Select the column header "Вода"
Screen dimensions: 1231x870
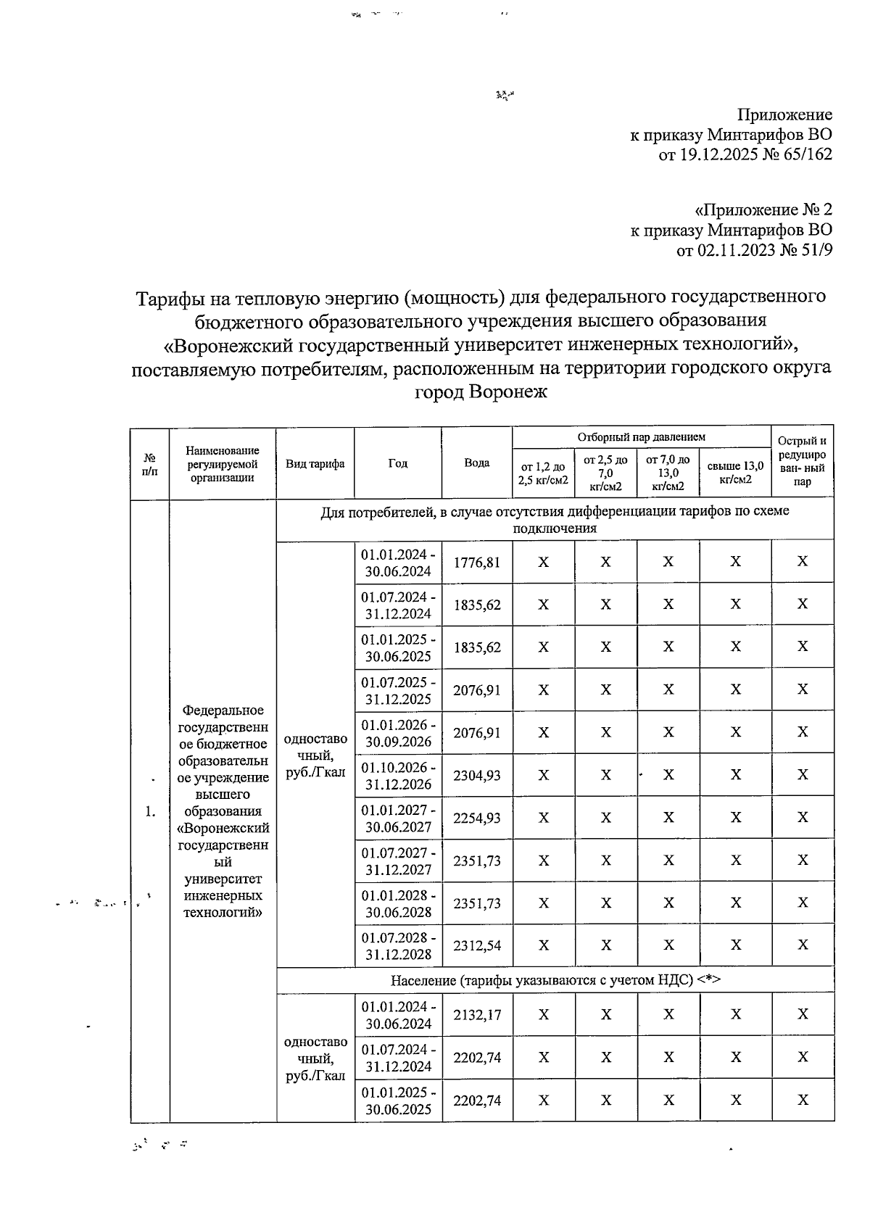476,463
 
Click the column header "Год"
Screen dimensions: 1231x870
397,463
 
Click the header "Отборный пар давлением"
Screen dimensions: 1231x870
641,437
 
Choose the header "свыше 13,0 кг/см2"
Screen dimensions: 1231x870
734,473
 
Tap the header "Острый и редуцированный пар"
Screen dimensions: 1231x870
802,461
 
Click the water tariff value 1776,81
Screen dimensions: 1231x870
476,562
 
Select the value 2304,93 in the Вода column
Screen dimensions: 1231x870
476,776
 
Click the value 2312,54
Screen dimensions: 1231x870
476,946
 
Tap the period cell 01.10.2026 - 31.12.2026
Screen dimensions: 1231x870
398,776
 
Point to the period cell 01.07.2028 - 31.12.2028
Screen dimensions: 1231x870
398,946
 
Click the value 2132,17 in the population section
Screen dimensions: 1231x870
476,1015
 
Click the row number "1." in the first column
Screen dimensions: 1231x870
150,812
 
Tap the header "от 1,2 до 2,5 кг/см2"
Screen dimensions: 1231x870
543,473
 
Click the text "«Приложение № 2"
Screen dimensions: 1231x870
763,210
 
